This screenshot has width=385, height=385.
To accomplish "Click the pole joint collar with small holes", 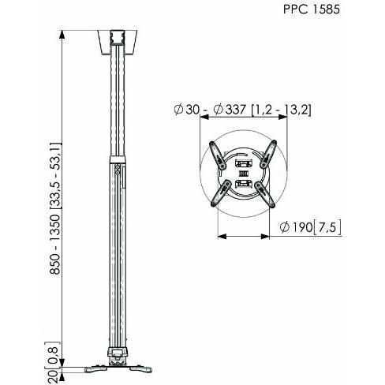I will coord(117,170).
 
